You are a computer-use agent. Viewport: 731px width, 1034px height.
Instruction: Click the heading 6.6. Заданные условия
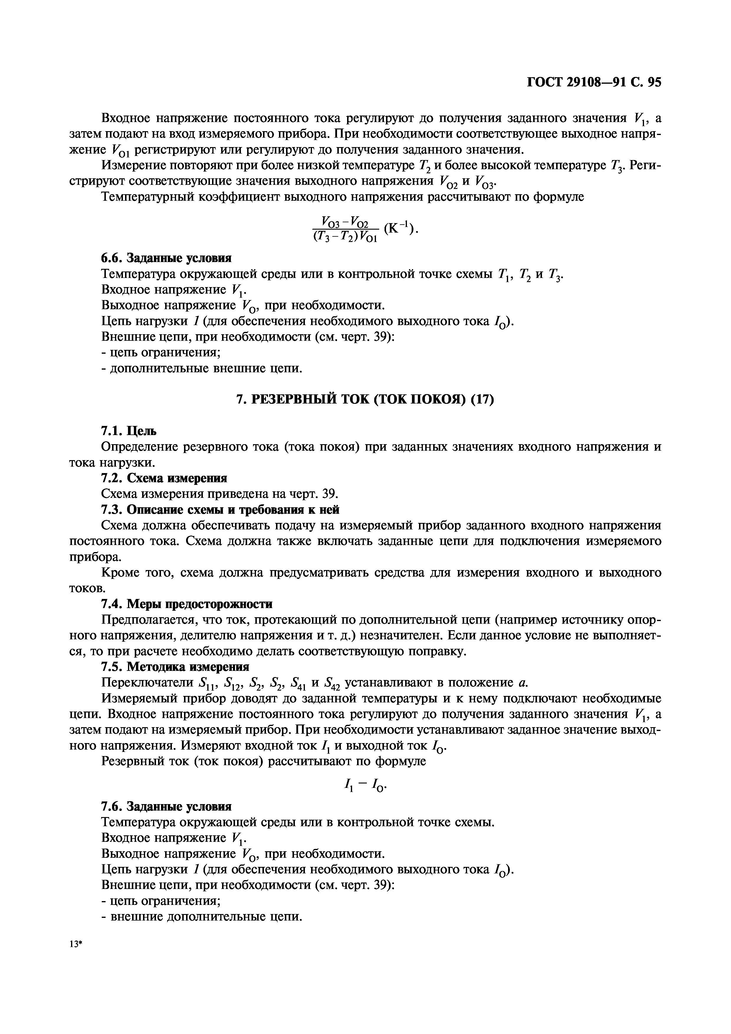pyautogui.click(x=166, y=258)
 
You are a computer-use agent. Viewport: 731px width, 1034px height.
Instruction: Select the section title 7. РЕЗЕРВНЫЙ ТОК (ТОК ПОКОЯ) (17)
pyautogui.click(x=365, y=399)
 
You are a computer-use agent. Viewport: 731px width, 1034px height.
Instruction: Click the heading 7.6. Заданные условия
pyautogui.click(x=166, y=806)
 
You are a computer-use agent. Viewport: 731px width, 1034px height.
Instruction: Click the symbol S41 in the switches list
pyautogui.click(x=299, y=683)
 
